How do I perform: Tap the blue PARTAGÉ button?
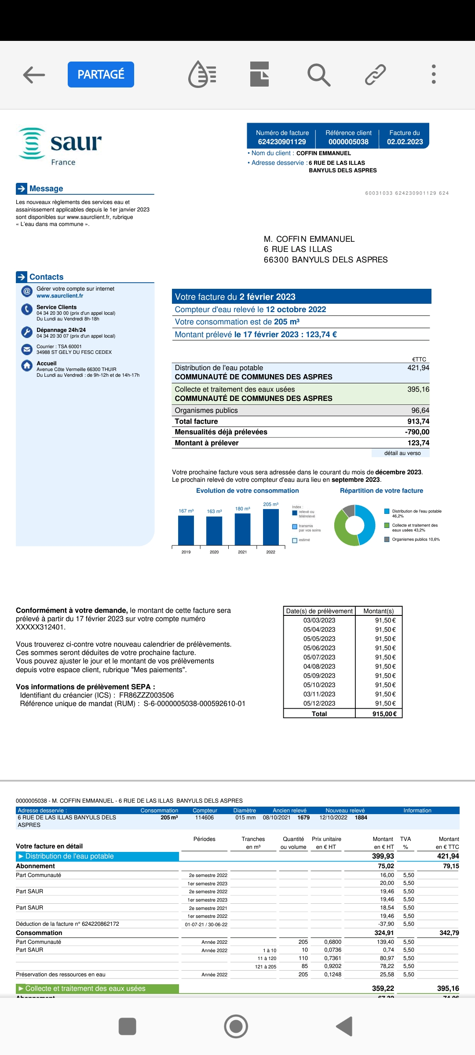point(101,74)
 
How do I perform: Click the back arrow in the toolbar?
point(34,74)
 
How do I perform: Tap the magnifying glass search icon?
point(318,74)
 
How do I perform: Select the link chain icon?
point(375,74)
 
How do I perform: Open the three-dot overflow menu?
point(434,74)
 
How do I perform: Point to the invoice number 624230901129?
point(282,142)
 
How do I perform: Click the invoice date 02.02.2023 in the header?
point(405,142)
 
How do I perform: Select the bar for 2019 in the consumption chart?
point(186,530)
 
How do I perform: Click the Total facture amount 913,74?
point(418,422)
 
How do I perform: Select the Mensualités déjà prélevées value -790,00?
point(417,432)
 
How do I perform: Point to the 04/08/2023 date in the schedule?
point(319,666)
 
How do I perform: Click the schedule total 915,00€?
point(384,714)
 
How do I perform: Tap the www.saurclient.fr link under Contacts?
point(60,296)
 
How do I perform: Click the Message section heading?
point(46,189)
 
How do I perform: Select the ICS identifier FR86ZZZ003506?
point(146,695)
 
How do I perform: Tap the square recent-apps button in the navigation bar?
point(128,1026)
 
